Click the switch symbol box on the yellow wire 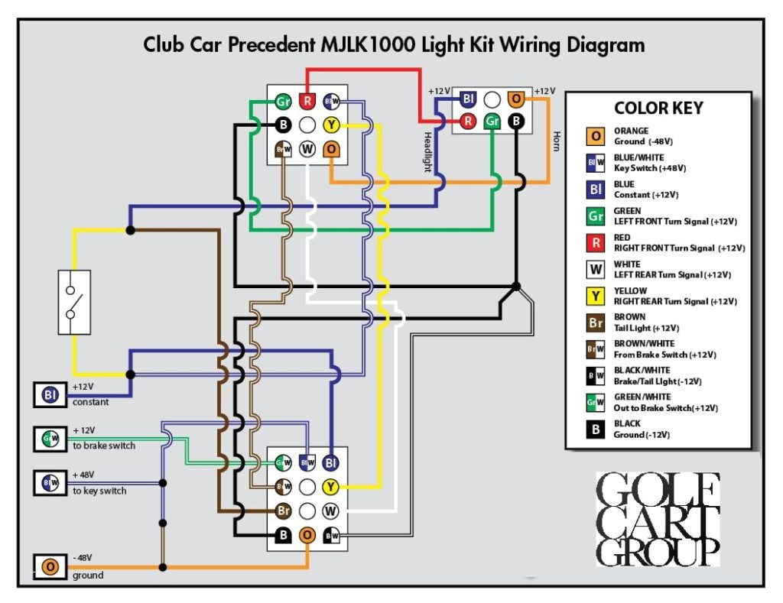[x=74, y=302]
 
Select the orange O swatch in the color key [x=596, y=137]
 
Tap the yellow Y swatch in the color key [x=596, y=296]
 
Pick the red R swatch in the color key [x=596, y=243]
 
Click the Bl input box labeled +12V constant [x=50, y=395]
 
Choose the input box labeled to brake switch [x=50, y=439]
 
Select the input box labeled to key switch [x=50, y=483]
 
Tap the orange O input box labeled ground [x=50, y=566]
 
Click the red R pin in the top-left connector [x=307, y=102]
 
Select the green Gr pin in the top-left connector [x=283, y=102]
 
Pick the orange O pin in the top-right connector [x=516, y=99]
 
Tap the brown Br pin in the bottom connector [x=283, y=511]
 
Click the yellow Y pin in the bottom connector [x=331, y=486]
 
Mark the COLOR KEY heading [x=658, y=109]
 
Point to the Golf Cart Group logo [x=658, y=520]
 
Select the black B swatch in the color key [x=596, y=430]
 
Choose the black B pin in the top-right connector [x=516, y=121]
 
